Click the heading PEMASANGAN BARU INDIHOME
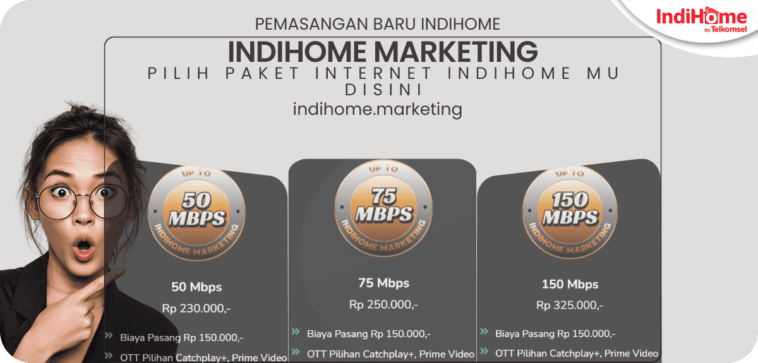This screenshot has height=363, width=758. click(x=378, y=24)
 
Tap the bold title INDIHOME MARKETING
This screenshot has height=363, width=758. click(x=382, y=51)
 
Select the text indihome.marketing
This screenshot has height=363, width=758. click(x=378, y=109)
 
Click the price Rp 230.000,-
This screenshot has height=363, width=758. click(x=196, y=309)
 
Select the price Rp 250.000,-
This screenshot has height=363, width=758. click(x=383, y=304)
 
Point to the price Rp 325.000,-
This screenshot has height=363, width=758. click(x=570, y=306)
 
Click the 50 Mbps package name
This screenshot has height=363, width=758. click(x=196, y=287)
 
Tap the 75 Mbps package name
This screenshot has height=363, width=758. click(x=383, y=283)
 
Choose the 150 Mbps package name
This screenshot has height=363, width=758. click(x=570, y=284)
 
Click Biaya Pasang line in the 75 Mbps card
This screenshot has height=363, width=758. click(x=369, y=333)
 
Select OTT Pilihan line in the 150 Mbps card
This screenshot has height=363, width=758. click(x=576, y=354)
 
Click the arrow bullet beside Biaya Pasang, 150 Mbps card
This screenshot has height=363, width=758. click(x=484, y=332)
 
